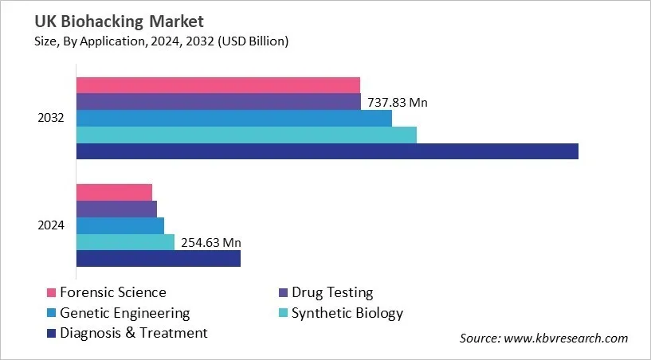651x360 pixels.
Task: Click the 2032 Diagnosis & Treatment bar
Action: coord(327,151)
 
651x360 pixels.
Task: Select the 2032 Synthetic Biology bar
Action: coord(246,135)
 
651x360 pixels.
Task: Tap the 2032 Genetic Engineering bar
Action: coord(233,118)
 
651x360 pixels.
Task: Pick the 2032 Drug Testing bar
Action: coord(218,102)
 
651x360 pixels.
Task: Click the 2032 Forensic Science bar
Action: coord(218,85)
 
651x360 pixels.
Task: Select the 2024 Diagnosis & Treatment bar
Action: coord(158,259)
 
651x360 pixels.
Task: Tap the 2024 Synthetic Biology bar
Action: coord(125,242)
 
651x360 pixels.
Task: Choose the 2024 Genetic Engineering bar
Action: coord(120,225)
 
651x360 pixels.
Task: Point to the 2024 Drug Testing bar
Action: coord(116,209)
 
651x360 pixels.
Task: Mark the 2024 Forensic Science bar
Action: coord(114,192)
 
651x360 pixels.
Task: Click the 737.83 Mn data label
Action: coord(398,102)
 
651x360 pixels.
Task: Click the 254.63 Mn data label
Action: coord(211,242)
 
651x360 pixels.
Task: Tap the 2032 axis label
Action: coord(51,118)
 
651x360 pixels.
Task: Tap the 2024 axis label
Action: coord(51,225)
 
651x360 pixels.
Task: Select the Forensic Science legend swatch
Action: coord(52,293)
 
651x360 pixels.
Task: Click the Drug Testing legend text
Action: coord(332,293)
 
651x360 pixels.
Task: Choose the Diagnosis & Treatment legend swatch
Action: coord(52,333)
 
